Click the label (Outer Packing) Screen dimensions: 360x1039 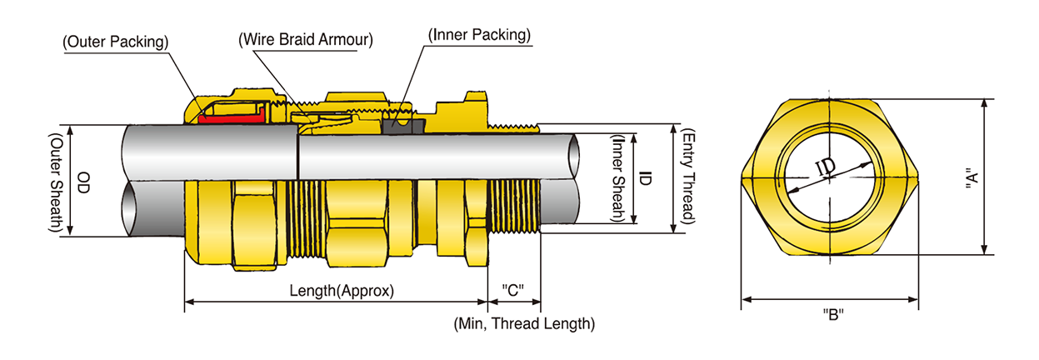click(116, 40)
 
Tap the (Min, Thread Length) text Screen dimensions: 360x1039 click(524, 323)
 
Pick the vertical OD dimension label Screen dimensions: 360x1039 click(84, 182)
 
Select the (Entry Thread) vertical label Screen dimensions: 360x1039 click(688, 177)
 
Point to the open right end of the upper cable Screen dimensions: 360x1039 click(574, 155)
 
